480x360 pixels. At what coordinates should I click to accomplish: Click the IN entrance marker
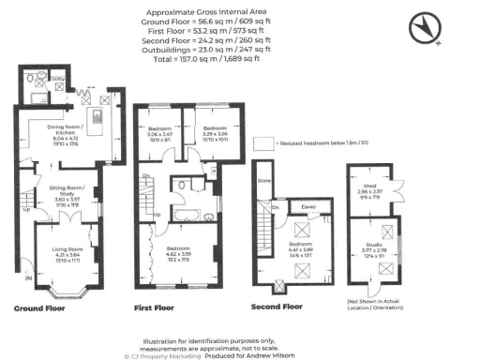(27, 278)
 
